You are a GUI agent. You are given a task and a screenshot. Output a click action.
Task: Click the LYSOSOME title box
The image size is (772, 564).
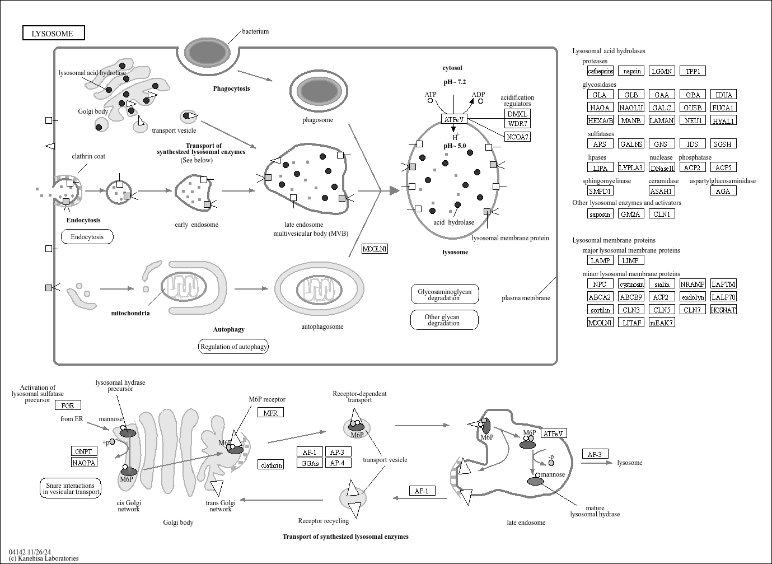click(53, 34)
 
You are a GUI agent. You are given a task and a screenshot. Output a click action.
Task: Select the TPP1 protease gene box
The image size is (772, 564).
click(693, 71)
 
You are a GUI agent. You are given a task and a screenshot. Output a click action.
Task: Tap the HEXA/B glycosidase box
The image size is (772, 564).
click(600, 120)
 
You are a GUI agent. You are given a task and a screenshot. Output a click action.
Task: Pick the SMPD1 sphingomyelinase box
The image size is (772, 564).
click(600, 191)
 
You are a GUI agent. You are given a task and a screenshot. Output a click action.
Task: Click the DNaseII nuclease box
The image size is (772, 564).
click(662, 167)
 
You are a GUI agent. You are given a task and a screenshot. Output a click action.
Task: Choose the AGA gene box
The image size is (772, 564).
click(723, 191)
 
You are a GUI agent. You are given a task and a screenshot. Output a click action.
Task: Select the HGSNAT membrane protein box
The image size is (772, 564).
click(723, 310)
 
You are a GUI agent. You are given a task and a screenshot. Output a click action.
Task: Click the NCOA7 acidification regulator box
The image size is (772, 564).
click(517, 137)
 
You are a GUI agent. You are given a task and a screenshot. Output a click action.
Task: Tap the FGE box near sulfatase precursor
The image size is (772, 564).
click(67, 405)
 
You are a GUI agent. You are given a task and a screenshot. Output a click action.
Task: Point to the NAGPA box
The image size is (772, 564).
click(84, 463)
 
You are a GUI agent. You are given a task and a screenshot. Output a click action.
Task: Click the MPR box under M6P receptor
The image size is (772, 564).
click(270, 413)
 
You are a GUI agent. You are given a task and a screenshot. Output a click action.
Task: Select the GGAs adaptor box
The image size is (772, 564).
click(310, 463)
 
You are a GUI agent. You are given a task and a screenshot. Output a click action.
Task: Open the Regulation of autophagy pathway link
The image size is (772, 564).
click(233, 347)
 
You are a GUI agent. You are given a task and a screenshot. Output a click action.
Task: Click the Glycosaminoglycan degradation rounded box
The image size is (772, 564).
click(445, 295)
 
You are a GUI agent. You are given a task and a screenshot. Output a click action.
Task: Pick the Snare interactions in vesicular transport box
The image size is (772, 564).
click(71, 488)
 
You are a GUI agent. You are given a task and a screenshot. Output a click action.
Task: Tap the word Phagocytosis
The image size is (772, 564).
click(231, 88)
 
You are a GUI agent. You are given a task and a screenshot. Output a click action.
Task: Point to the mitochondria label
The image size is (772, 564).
click(130, 313)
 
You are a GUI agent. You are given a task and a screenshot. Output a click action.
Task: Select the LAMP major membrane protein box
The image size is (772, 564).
click(600, 260)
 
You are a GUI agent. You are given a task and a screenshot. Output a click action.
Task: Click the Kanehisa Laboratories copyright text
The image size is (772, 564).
click(44, 558)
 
